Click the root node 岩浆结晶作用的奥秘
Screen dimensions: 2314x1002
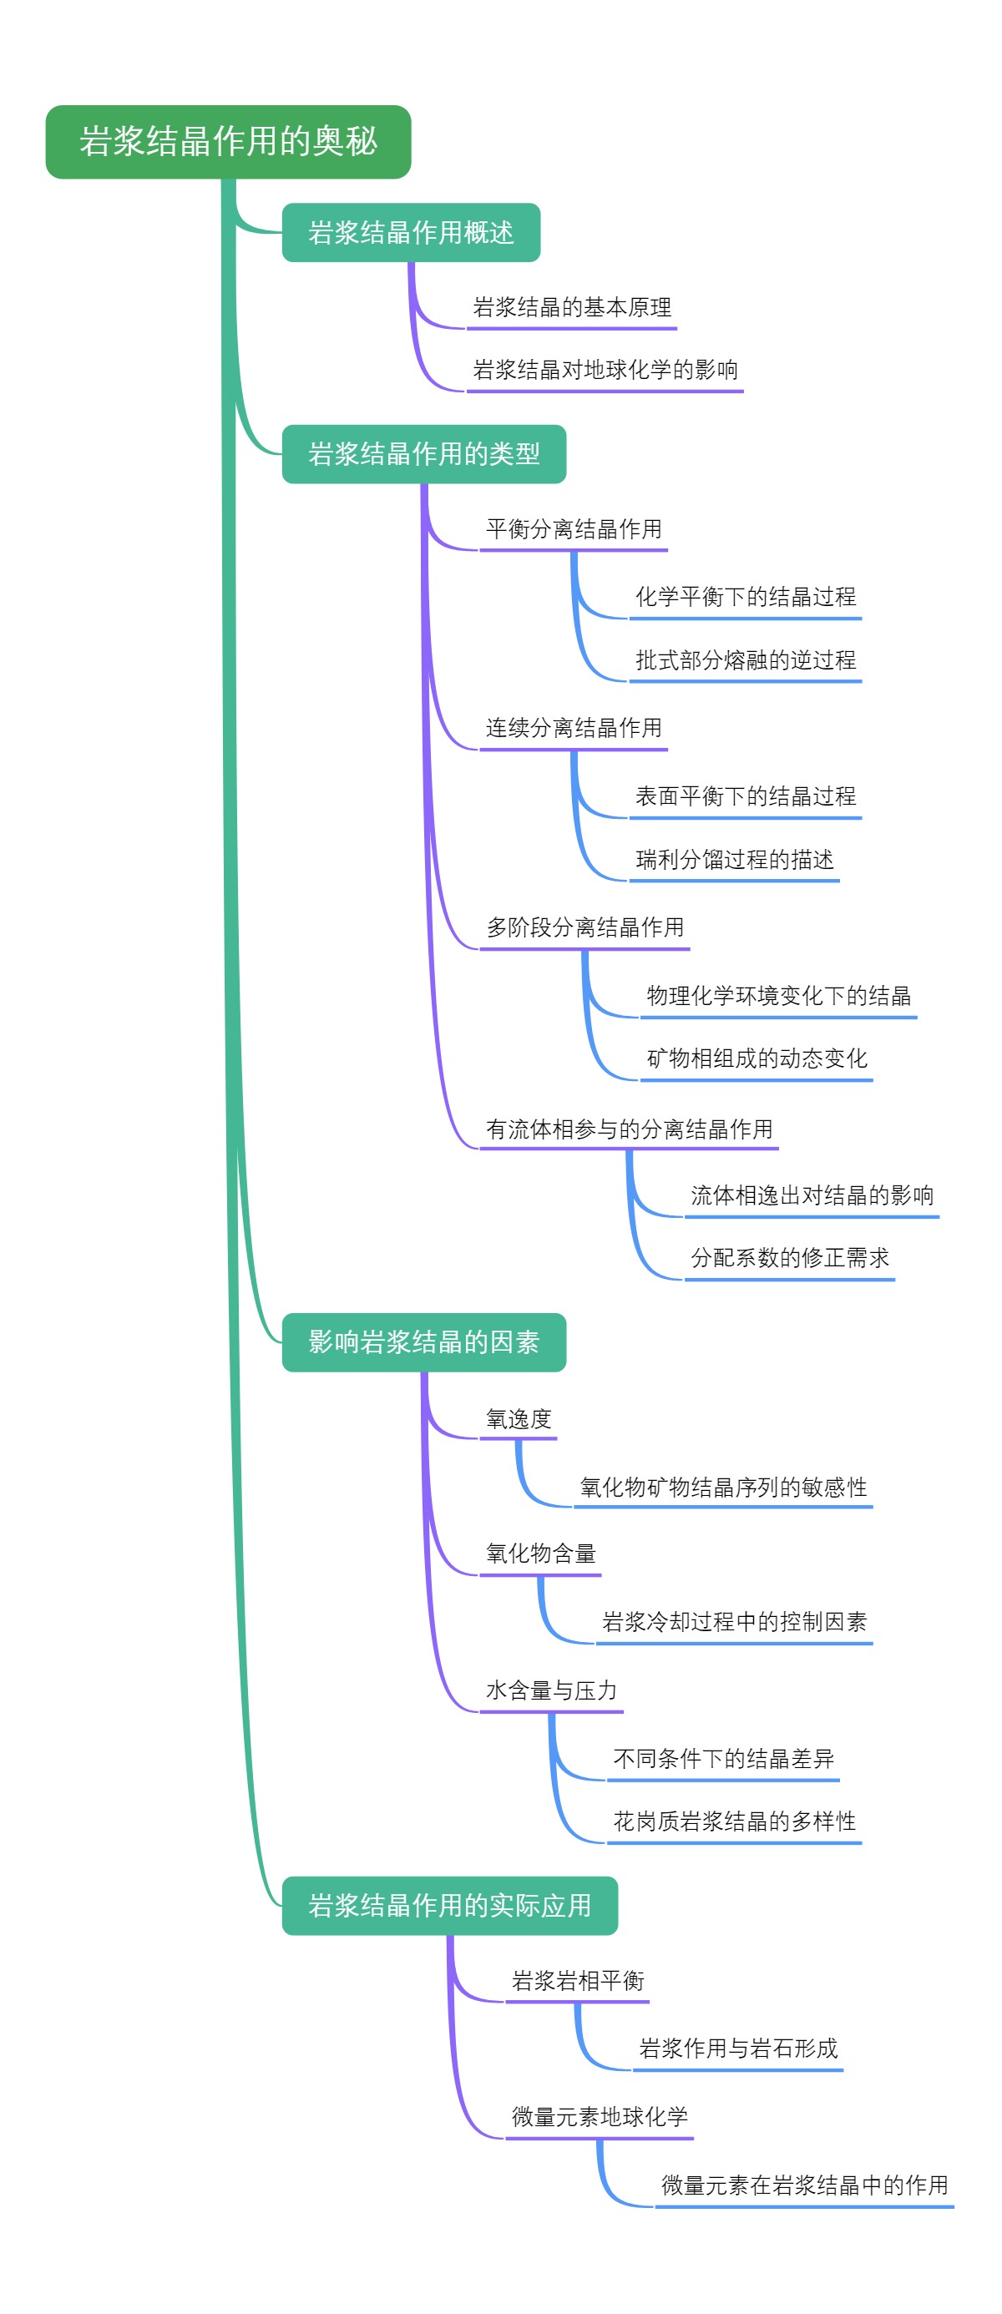coord(228,142)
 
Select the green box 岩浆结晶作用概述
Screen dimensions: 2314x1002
coord(411,233)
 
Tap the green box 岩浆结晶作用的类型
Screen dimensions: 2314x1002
coord(423,453)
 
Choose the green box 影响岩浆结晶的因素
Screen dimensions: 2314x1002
coord(423,1342)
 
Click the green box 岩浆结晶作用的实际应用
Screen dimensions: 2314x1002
coord(449,1905)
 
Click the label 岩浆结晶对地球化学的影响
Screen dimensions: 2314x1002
coord(605,370)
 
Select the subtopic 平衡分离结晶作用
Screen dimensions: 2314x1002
coord(574,529)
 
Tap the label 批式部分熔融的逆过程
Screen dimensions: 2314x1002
coord(745,660)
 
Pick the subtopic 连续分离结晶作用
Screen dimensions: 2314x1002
coord(574,728)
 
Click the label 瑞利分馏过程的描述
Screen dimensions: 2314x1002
coord(734,860)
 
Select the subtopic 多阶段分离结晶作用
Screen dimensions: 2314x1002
coord(584,927)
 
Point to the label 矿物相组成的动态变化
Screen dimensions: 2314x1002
coord(757,1058)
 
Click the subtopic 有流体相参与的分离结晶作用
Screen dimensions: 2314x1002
coord(629,1129)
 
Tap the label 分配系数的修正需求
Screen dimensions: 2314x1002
coord(789,1258)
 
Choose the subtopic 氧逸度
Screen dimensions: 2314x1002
coord(519,1419)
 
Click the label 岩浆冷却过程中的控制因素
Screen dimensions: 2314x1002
coord(734,1621)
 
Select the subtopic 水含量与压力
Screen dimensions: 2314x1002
coord(551,1690)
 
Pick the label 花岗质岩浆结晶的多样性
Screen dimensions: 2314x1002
coord(734,1821)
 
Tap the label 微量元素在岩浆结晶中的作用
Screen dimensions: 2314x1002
coord(804,2185)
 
